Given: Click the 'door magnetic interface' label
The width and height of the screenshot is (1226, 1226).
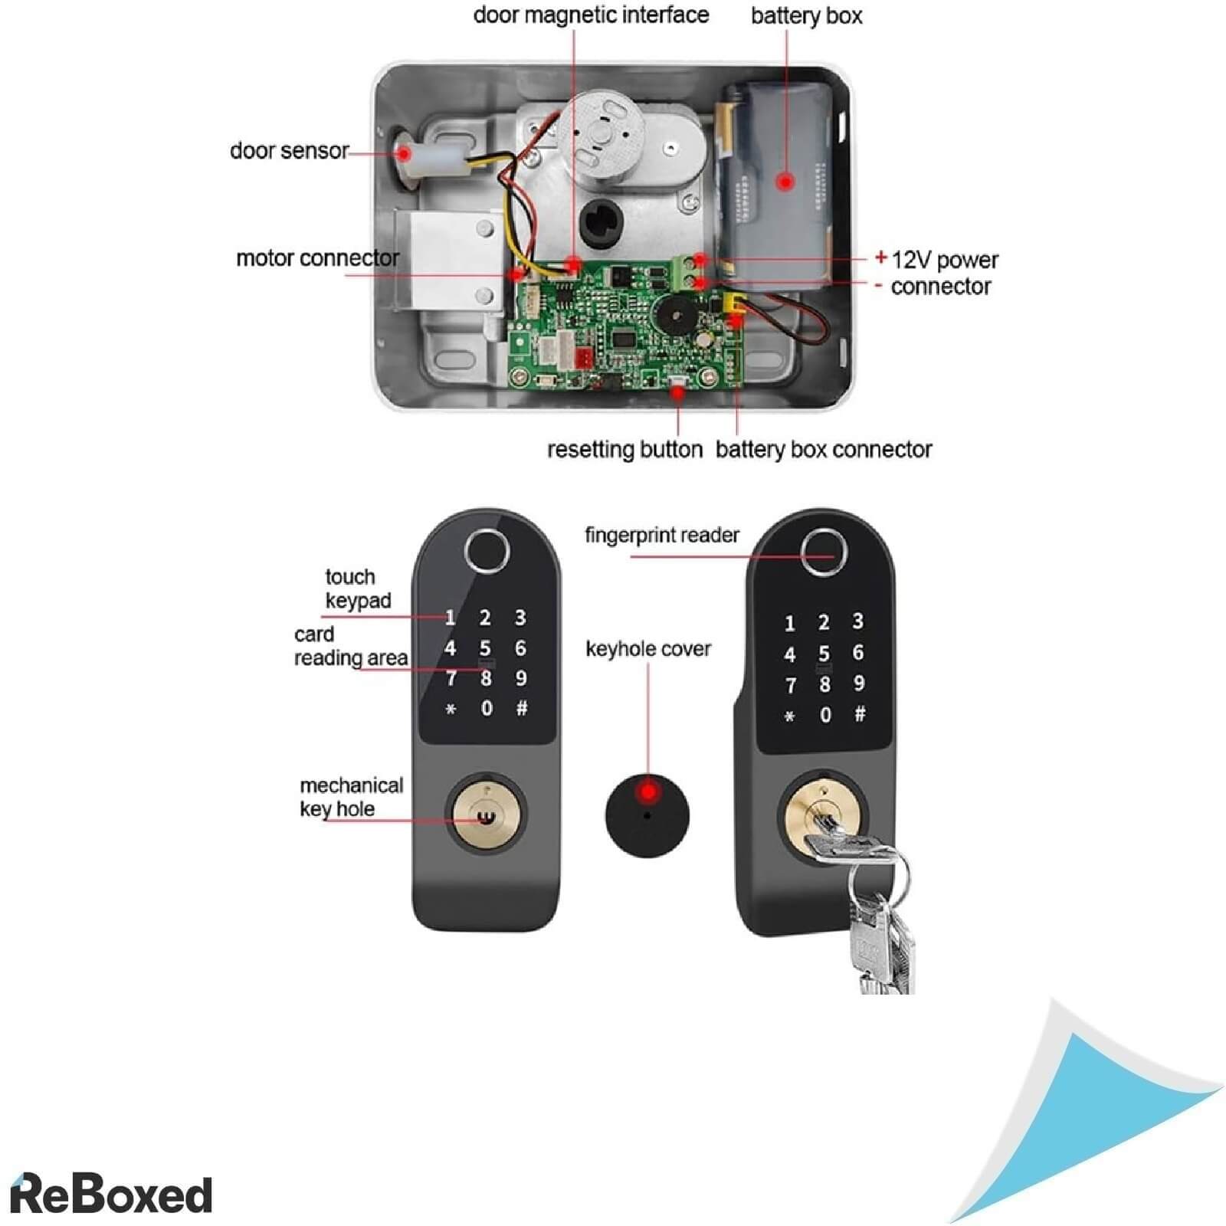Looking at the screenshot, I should (x=591, y=15).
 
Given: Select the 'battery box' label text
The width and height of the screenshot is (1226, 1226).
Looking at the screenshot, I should (x=806, y=16).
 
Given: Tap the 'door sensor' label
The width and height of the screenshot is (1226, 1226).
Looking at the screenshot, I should (x=289, y=151).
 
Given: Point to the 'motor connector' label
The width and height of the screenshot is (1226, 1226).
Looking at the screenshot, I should (x=317, y=258).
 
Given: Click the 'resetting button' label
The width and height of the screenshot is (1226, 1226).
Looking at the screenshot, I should (x=624, y=450).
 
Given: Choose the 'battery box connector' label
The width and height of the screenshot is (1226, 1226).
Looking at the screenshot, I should (x=824, y=450).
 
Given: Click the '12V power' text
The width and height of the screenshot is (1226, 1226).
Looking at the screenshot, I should (x=945, y=261).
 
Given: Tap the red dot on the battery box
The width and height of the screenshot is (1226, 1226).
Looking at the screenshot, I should (x=785, y=182).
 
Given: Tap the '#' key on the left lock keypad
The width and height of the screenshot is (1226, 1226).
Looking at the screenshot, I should (x=522, y=708).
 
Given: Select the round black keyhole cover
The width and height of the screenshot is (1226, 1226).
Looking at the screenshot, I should (x=647, y=814).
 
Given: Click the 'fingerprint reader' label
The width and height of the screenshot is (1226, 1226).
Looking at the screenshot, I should (x=662, y=535).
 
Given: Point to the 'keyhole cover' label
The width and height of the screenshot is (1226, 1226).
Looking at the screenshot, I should (x=648, y=650).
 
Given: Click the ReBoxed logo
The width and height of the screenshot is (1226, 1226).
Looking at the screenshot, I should (x=112, y=1194).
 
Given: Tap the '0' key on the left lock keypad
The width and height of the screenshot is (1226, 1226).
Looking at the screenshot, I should (x=487, y=708).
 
